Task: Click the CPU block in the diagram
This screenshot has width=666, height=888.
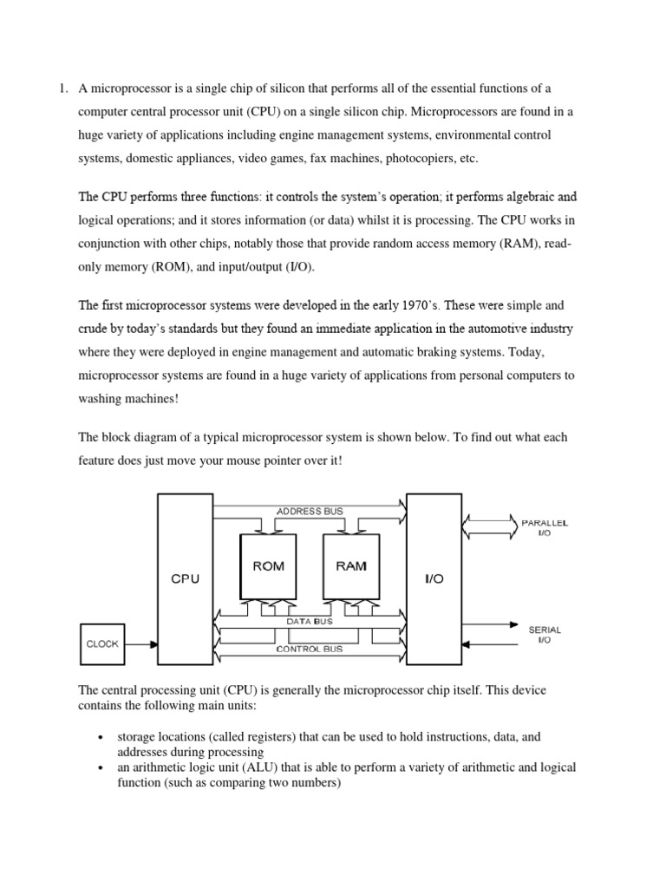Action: coord(185,578)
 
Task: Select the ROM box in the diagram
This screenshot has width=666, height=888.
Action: coord(267,566)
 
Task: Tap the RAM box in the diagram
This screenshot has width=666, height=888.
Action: coord(350,566)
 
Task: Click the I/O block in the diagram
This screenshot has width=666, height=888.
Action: coord(433,578)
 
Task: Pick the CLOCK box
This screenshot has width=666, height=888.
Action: coord(103,644)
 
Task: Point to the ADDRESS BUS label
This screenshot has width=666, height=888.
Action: coord(310,512)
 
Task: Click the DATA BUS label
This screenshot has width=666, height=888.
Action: coord(310,622)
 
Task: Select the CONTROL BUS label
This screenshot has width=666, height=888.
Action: coord(309,649)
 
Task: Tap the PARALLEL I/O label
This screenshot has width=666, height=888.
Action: coord(544,528)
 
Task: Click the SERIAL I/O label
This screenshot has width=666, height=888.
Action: coord(544,634)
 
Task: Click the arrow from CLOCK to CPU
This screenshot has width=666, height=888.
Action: coord(141,644)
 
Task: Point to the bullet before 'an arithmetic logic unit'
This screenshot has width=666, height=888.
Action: coord(103,769)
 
